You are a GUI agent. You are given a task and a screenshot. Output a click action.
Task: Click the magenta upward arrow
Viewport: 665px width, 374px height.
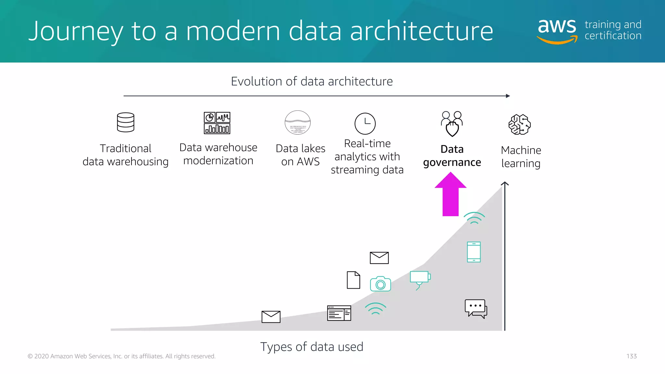coord(450,195)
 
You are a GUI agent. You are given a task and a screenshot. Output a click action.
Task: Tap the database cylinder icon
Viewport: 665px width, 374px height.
coord(126,122)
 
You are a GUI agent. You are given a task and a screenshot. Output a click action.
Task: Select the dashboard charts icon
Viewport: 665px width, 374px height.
coord(217,123)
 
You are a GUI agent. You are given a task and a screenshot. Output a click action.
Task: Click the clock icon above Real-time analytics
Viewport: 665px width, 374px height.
coord(365,124)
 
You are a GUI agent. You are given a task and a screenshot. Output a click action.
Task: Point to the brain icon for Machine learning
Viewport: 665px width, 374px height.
coord(520,124)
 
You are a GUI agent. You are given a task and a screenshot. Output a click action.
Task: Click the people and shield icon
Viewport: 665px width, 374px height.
coord(452,124)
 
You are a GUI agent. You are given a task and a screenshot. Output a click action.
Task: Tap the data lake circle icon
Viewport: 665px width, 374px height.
coord(297,123)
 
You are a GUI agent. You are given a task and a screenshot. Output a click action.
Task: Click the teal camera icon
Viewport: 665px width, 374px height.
coord(380,284)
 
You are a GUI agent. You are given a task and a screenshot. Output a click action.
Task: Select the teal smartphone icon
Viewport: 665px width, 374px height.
coord(474,252)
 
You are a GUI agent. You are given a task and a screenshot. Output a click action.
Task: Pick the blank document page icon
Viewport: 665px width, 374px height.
coord(353,280)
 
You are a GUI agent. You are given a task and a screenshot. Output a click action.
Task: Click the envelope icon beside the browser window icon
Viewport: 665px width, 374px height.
coord(271,317)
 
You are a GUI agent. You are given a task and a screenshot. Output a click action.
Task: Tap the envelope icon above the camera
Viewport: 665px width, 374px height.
coord(379,258)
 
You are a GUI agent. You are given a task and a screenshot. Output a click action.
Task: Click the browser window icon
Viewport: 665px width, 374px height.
coord(339,313)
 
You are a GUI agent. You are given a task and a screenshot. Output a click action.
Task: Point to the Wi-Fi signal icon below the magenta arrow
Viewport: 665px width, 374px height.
coord(474,218)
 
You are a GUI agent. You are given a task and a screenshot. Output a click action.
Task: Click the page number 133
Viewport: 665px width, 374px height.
coord(631,356)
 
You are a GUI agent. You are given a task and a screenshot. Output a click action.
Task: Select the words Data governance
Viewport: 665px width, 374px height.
coord(452,156)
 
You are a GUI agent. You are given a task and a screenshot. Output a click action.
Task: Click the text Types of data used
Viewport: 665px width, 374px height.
coord(311,347)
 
